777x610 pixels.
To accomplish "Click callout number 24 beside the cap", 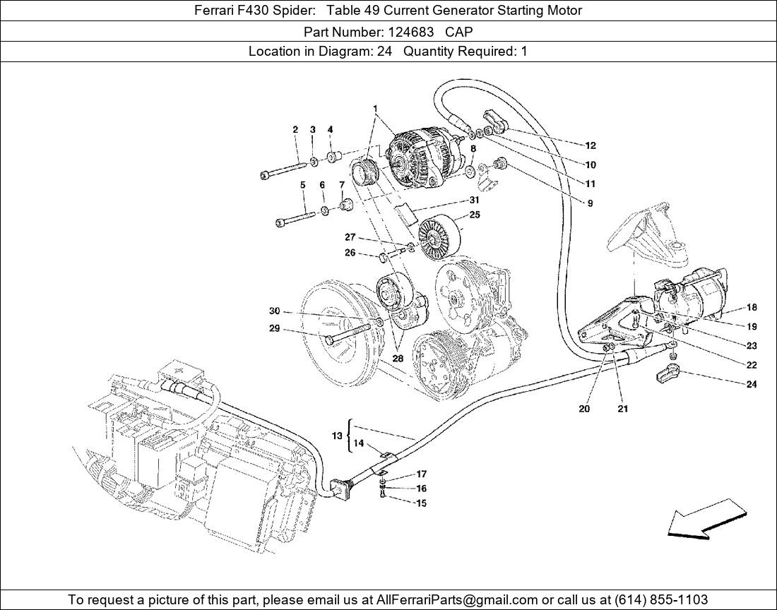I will [751, 385].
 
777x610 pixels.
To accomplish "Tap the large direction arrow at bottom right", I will [707, 518].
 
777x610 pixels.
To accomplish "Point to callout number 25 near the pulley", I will [475, 215].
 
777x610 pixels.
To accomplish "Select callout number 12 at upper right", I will [590, 145].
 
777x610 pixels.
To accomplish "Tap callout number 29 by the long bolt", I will [275, 328].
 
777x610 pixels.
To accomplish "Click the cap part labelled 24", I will [668, 376].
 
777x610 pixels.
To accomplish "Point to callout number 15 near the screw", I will [420, 503].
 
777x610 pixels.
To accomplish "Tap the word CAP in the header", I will [458, 31].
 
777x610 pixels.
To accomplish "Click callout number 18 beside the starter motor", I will [751, 307].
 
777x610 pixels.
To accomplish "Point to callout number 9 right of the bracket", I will [590, 203].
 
